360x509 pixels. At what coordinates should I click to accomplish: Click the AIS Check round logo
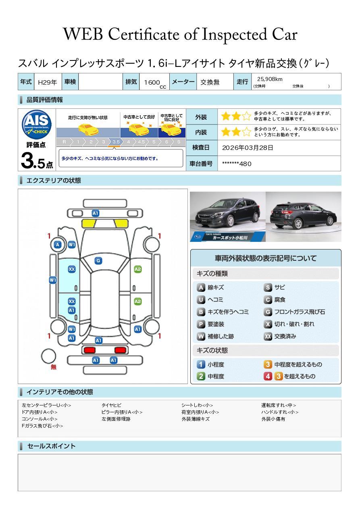pos(37,125)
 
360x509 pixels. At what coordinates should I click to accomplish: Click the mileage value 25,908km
pos(270,79)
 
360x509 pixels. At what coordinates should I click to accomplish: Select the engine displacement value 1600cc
pos(155,83)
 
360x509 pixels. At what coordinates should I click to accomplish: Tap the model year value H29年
pos(48,82)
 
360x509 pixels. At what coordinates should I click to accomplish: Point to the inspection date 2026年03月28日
pos(248,148)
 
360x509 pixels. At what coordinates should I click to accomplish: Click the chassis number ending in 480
pos(237,164)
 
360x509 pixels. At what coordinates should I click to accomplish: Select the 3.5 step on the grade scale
pos(116,142)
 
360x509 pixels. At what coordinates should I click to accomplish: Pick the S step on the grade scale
pos(179,142)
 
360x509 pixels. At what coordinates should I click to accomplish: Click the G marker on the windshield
pos(98,261)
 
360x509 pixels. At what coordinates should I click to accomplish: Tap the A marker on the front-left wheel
pos(58,245)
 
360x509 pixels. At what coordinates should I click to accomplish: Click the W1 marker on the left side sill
pos(53,280)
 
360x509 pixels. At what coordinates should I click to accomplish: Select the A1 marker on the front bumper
pos(96,213)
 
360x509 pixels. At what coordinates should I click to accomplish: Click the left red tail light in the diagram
pos(89,350)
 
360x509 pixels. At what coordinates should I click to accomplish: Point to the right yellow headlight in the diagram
pos(122,224)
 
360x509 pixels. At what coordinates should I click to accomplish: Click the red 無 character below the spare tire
pos(53,367)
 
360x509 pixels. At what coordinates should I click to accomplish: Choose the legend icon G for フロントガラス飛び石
pos(268,312)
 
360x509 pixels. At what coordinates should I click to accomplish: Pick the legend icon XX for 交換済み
pos(268,336)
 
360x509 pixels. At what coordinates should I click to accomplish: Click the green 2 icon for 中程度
pos(201,376)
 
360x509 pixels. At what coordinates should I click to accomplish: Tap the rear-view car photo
pos(304,216)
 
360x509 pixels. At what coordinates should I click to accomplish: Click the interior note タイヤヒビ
pos(112,405)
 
